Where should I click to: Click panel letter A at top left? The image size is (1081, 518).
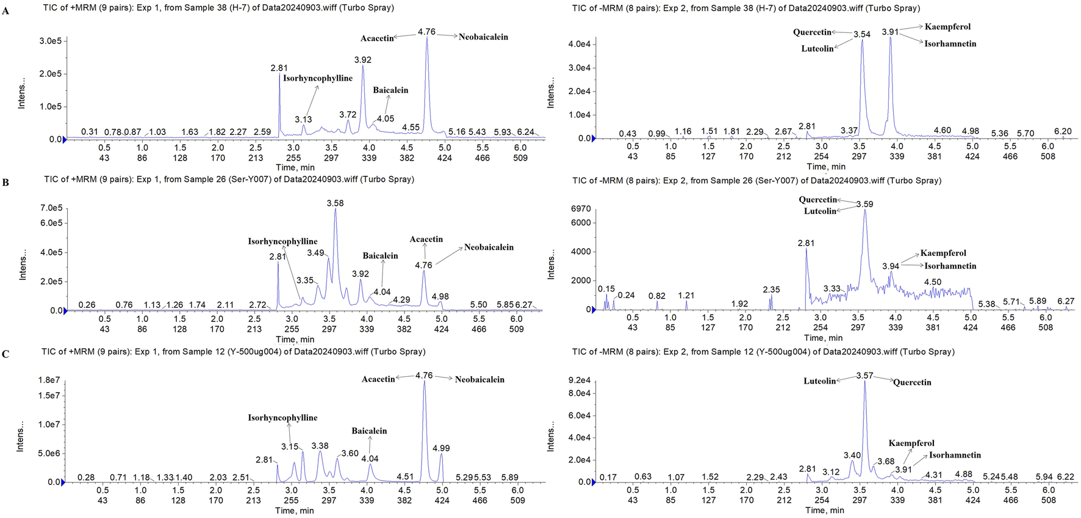5,11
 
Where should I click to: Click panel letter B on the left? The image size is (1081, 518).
5,182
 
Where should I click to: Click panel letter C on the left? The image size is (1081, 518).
5,354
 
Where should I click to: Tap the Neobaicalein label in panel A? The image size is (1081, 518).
483,37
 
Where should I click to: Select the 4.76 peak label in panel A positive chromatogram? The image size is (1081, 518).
426,32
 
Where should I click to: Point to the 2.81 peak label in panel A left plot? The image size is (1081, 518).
279,68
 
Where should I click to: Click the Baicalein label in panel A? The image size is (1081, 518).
390,90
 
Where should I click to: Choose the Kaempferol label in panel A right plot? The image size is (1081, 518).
947,27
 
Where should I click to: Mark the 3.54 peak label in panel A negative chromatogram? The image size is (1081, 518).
861,34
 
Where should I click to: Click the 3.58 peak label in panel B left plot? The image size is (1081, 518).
335,203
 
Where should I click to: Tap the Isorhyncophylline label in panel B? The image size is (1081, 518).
282,241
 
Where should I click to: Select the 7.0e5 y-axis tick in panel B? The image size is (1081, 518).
51,208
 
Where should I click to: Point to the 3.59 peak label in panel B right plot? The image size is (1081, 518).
864,204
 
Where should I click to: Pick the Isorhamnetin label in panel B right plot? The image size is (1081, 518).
950,266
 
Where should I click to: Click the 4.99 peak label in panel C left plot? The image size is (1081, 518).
441,448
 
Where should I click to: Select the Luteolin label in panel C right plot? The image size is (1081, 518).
819,381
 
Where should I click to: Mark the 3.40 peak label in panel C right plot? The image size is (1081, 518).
852,455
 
